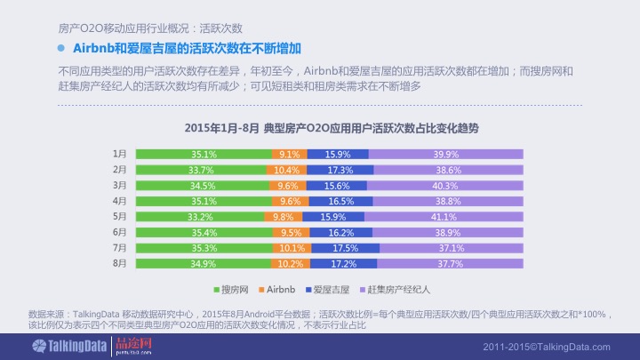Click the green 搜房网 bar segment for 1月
(x=204, y=154)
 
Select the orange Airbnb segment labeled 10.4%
(x=285, y=170)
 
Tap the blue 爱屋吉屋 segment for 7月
(x=345, y=248)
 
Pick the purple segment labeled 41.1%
(x=444, y=217)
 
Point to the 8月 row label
(x=120, y=264)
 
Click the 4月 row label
(x=120, y=201)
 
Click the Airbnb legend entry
(x=276, y=290)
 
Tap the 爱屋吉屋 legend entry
(x=328, y=290)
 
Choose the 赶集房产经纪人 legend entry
(x=396, y=290)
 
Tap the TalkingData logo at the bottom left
(x=52, y=346)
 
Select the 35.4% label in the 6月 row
(x=204, y=233)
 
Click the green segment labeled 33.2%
(x=200, y=217)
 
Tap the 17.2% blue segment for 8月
(x=343, y=264)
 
